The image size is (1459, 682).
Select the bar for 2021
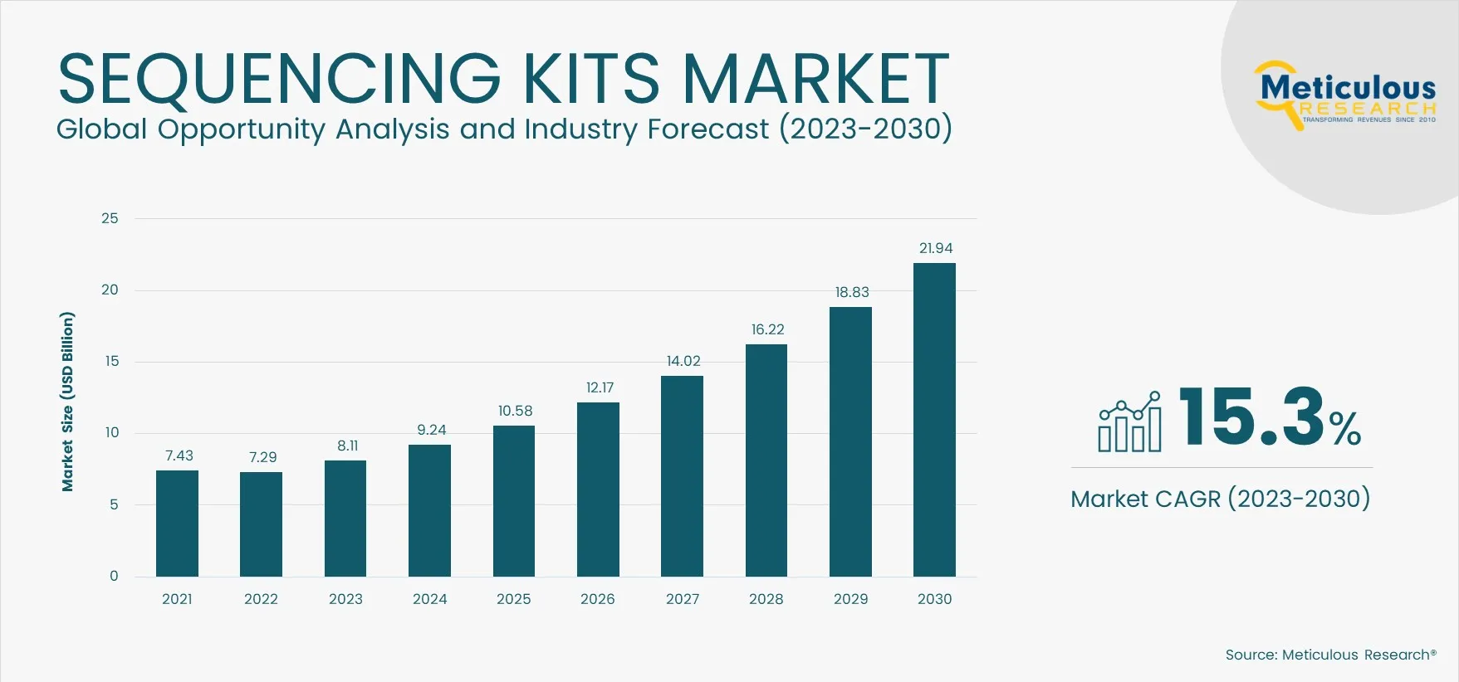pyautogui.click(x=177, y=524)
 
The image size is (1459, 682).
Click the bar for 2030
pyautogui.click(x=934, y=420)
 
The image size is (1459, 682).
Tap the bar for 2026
pyautogui.click(x=598, y=490)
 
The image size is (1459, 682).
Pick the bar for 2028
pyautogui.click(x=766, y=460)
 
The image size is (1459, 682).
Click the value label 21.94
pyautogui.click(x=935, y=248)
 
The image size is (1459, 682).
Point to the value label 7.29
pyautogui.click(x=262, y=457)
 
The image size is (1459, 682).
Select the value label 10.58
pyautogui.click(x=515, y=411)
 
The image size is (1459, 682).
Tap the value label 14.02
pyautogui.click(x=683, y=361)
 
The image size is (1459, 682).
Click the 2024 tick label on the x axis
pyautogui.click(x=429, y=599)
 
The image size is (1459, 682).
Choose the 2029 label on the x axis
pyautogui.click(x=850, y=599)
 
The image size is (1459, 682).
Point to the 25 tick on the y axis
pyautogui.click(x=110, y=218)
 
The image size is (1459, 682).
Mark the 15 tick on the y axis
pyautogui.click(x=111, y=361)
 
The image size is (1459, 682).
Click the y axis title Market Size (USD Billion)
pyautogui.click(x=67, y=402)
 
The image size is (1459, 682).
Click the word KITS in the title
pyautogui.click(x=590, y=79)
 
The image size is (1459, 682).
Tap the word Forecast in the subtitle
pyautogui.click(x=707, y=129)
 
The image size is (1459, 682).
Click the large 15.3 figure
pyautogui.click(x=1251, y=417)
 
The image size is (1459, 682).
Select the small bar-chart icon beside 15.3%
pyautogui.click(x=1129, y=422)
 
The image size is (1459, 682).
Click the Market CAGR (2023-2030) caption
pyautogui.click(x=1220, y=499)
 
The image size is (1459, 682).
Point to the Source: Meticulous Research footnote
pyautogui.click(x=1330, y=655)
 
